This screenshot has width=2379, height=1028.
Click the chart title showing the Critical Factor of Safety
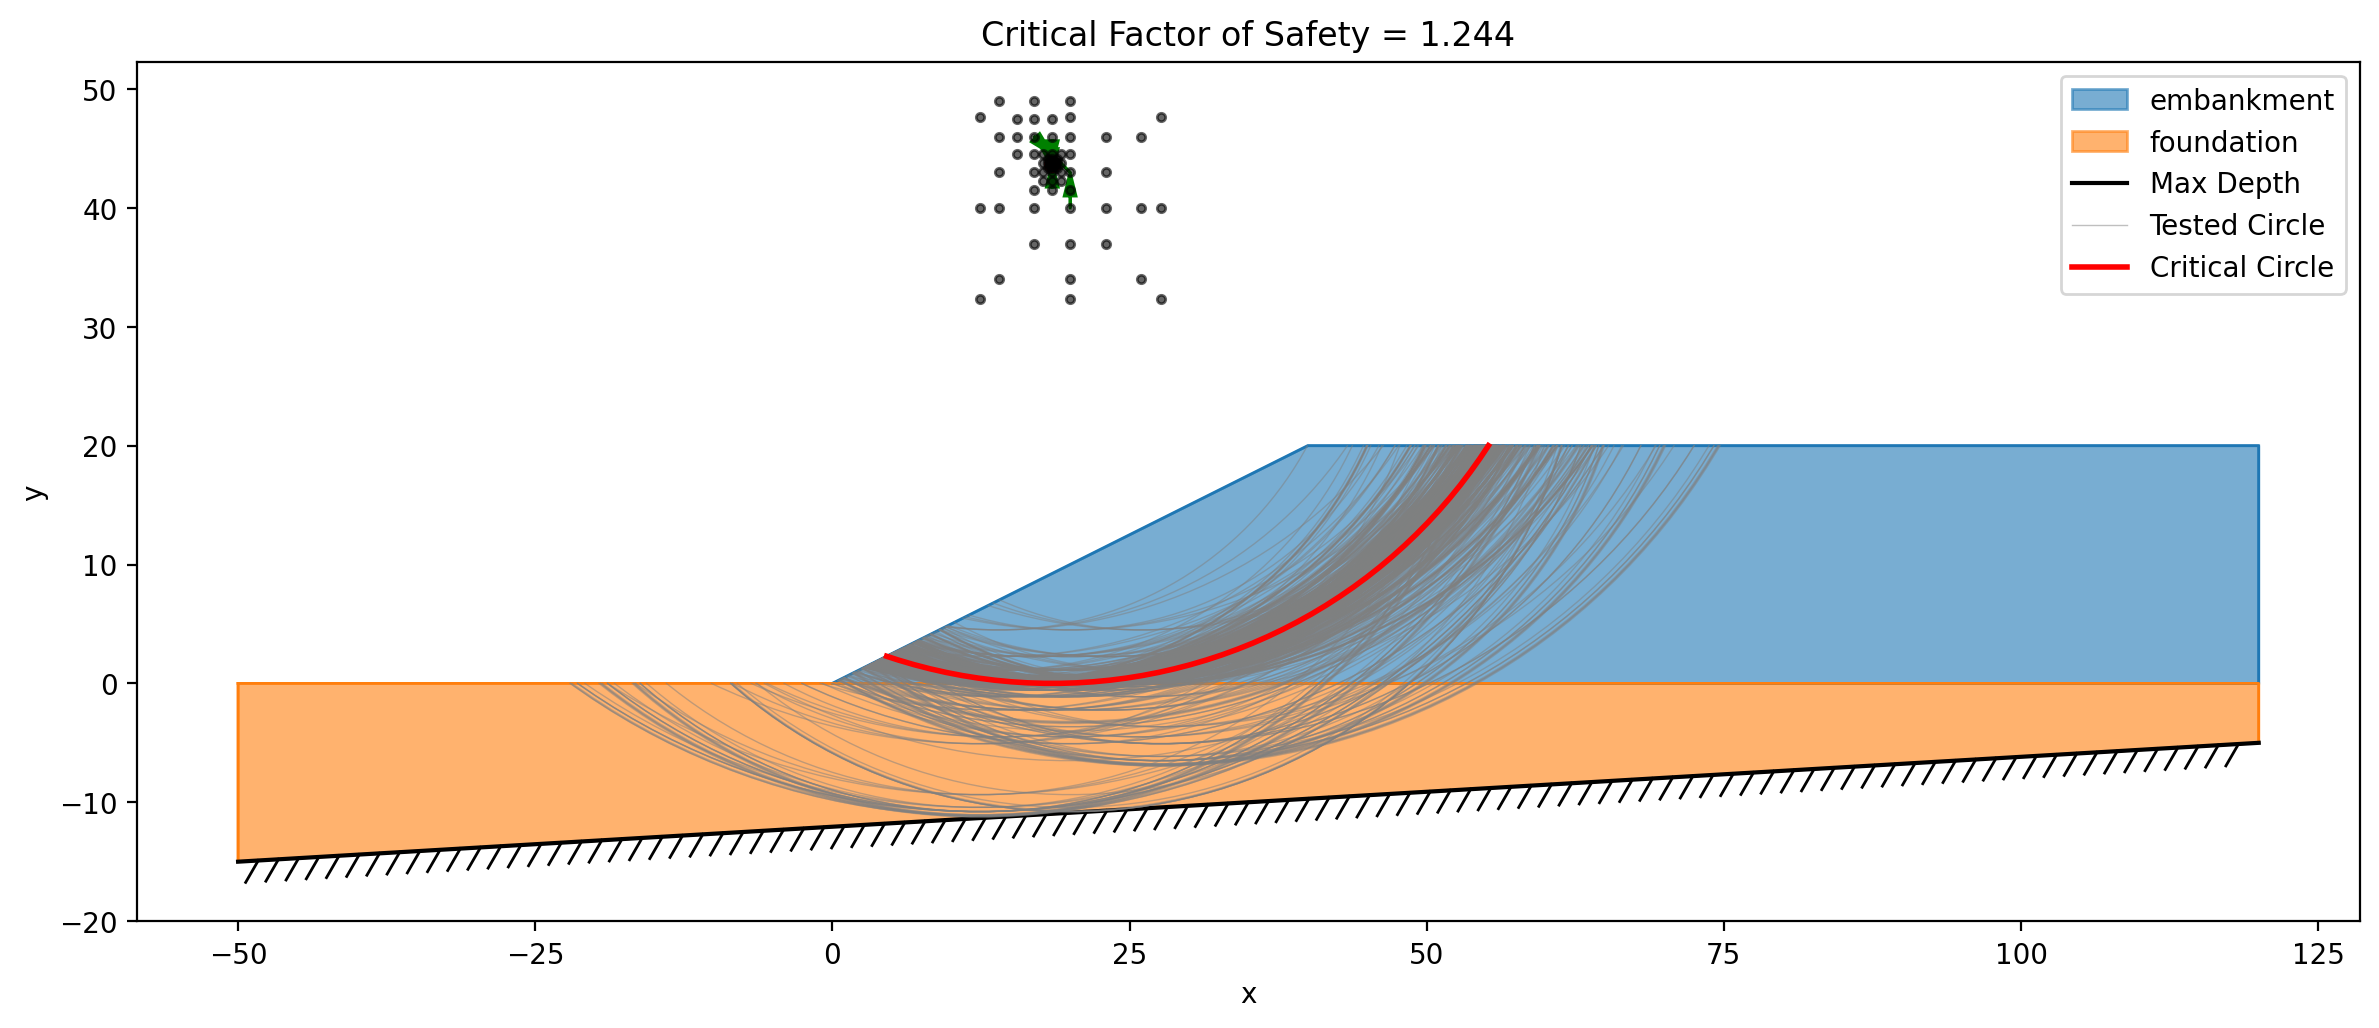point(1247,35)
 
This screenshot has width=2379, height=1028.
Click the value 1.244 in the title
point(1467,35)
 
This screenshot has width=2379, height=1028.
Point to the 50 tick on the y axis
point(100,90)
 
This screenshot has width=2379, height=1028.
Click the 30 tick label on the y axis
point(100,327)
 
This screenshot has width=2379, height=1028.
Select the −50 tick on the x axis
point(238,955)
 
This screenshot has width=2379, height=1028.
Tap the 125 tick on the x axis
point(2318,955)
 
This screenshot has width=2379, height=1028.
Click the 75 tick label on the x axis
point(1723,955)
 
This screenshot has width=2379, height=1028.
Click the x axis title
point(1248,994)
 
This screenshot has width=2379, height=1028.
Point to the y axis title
point(34,492)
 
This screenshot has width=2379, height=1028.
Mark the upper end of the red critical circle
point(1489,445)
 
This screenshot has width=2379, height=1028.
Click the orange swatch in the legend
point(2099,141)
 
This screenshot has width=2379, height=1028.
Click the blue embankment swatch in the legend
point(2099,99)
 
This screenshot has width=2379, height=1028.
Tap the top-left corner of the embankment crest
point(1307,446)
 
